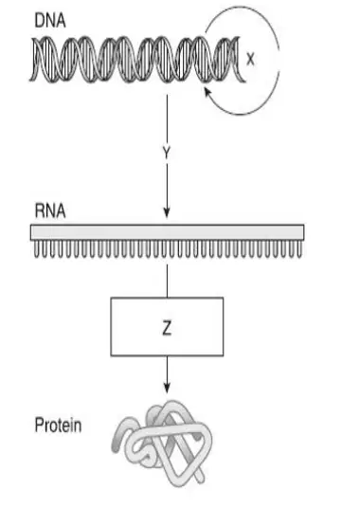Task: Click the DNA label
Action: point(50,21)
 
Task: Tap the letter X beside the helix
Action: point(250,59)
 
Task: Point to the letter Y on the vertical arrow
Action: point(167,153)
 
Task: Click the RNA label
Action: point(50,211)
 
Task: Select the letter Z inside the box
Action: point(167,328)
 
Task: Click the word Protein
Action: point(58,425)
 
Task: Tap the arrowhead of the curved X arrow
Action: point(207,91)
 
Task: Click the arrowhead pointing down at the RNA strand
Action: point(167,213)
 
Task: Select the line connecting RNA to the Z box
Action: point(167,281)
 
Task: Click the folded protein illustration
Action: point(163,444)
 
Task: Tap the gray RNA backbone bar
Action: point(167,232)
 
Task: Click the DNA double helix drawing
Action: point(137,60)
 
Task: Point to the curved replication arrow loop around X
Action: point(279,59)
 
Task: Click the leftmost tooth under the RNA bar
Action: point(37,249)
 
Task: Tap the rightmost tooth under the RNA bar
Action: point(299,249)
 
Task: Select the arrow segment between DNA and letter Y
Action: point(167,119)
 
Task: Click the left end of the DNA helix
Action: point(31,60)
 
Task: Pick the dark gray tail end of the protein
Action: point(117,434)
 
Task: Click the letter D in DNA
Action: point(40,21)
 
